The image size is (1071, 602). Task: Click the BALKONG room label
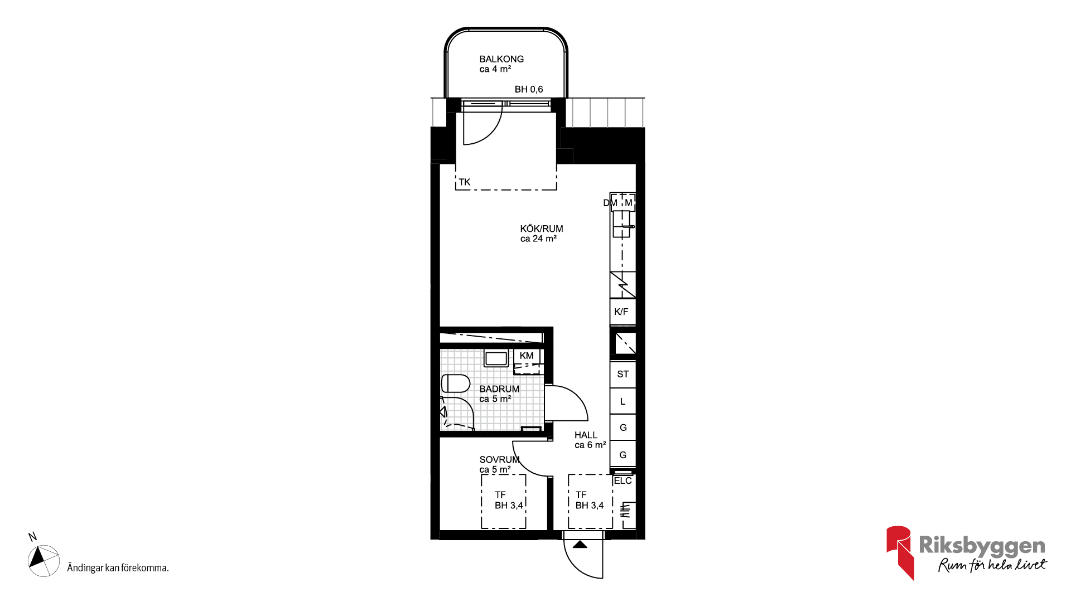[501, 59]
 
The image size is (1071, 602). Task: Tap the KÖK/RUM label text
[542, 229]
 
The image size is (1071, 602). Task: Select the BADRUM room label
[499, 389]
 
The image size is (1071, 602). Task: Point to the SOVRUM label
[499, 459]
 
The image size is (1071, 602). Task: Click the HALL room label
[586, 435]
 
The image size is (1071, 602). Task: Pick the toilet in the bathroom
[456, 383]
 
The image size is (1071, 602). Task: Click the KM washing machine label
[527, 356]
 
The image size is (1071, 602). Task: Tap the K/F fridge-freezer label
[621, 312]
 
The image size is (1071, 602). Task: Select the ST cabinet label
[623, 374]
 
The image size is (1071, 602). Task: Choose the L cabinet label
[623, 401]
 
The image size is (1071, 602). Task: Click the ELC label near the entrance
[623, 480]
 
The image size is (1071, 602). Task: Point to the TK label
[465, 182]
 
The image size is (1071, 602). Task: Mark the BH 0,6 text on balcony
[529, 89]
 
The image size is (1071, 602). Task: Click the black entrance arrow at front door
[580, 544]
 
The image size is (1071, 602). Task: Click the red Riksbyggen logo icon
[899, 552]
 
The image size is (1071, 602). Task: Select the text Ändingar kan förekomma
[118, 568]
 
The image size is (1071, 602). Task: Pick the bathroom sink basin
[496, 358]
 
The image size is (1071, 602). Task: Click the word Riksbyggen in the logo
[982, 546]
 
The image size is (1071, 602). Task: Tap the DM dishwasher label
[610, 203]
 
